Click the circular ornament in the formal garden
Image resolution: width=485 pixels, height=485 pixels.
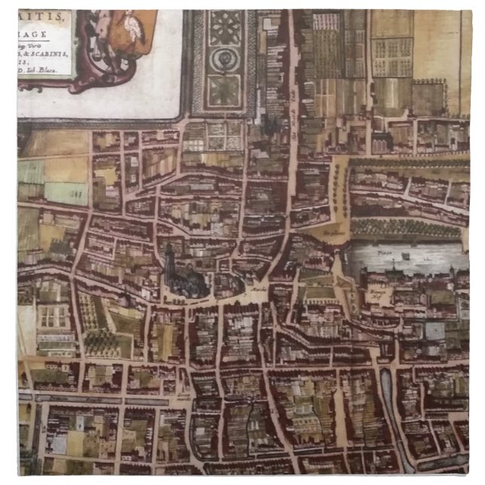pos(224,59)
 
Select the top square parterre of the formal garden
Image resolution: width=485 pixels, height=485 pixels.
pos(225,26)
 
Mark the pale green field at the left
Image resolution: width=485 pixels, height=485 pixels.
pos(66,194)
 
